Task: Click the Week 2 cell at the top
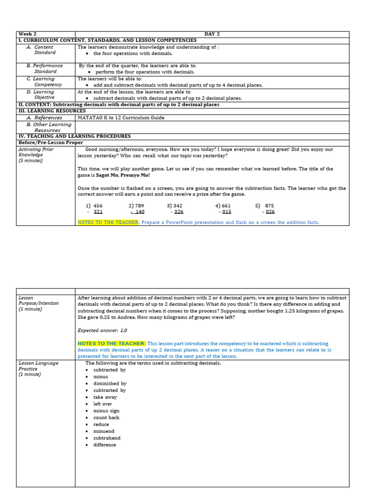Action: pyautogui.click(x=27, y=34)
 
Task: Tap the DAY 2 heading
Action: pyautogui.click(x=212, y=34)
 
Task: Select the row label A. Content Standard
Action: pyautogui.click(x=44, y=50)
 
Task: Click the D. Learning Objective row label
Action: pyautogui.click(x=44, y=94)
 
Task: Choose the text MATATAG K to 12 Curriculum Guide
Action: pyautogui.click(x=121, y=117)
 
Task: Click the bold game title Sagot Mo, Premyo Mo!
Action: pyautogui.click(x=125, y=175)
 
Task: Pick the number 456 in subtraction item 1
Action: pyautogui.click(x=98, y=206)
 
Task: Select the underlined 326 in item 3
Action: pyautogui.click(x=178, y=212)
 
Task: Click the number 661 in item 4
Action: pyautogui.click(x=226, y=206)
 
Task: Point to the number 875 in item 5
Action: pyautogui.click(x=269, y=206)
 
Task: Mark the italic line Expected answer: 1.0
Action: pyautogui.click(x=102, y=330)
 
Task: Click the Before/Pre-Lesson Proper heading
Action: pyautogui.click(x=51, y=143)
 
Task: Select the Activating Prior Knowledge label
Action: pyautogui.click(x=36, y=152)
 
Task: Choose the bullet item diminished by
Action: pyautogui.click(x=110, y=384)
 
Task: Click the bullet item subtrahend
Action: pyautogui.click(x=107, y=438)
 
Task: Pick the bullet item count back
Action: pyautogui.click(x=106, y=417)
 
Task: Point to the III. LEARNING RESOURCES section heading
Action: pyautogui.click(x=52, y=111)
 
